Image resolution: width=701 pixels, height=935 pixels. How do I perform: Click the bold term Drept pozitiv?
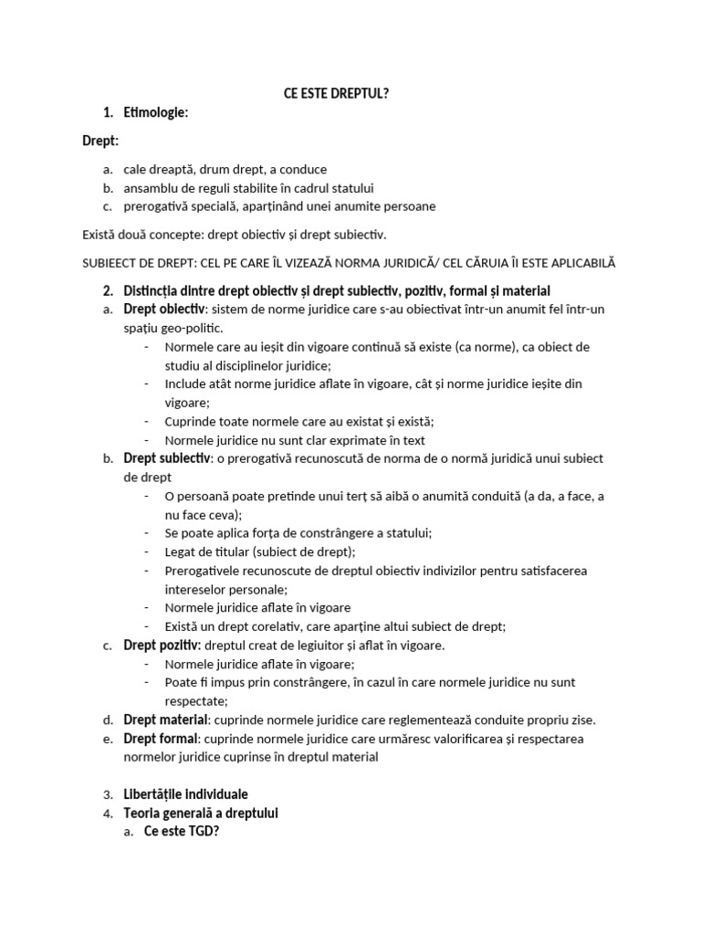pos(162,645)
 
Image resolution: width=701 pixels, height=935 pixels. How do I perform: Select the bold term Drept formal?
pos(160,738)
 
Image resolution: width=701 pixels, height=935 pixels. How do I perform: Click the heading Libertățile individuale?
pos(185,793)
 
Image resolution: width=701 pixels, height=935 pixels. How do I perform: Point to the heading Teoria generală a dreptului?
pos(201,813)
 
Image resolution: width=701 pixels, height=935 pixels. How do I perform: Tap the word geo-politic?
pos(190,328)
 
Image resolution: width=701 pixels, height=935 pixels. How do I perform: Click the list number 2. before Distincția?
pos(108,290)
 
